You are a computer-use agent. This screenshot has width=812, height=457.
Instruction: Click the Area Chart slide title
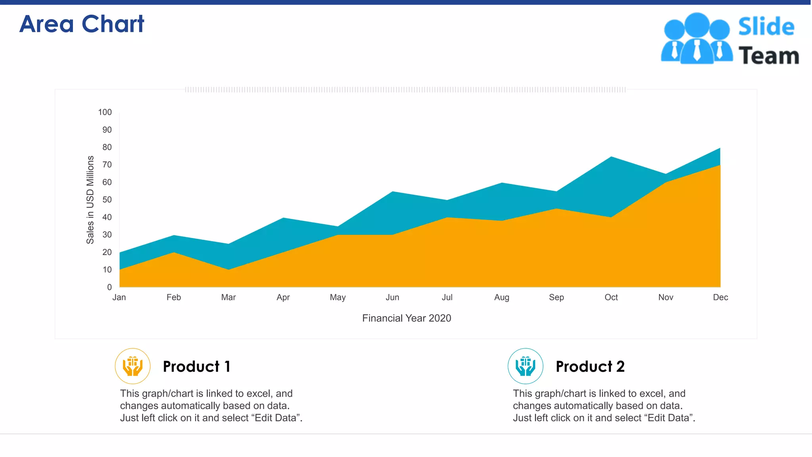pyautogui.click(x=82, y=24)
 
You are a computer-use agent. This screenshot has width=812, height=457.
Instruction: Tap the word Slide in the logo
pyautogui.click(x=766, y=27)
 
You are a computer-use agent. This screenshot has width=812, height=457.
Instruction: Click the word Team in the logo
pyautogui.click(x=768, y=56)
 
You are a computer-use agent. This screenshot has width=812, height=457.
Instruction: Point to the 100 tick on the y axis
pyautogui.click(x=105, y=112)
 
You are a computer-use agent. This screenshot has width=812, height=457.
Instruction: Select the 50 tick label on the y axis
pyautogui.click(x=107, y=200)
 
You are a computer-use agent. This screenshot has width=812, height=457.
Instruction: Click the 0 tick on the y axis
pyautogui.click(x=109, y=287)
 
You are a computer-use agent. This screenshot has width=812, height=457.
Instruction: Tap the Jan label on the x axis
pyautogui.click(x=119, y=298)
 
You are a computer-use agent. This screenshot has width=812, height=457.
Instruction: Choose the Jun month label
pyautogui.click(x=393, y=298)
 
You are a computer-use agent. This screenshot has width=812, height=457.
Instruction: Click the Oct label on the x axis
pyautogui.click(x=611, y=298)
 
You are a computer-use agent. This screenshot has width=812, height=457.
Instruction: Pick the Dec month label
pyautogui.click(x=720, y=298)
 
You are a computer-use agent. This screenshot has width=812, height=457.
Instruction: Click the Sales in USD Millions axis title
pyautogui.click(x=90, y=200)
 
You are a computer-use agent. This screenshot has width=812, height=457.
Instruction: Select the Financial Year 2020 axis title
pyautogui.click(x=406, y=318)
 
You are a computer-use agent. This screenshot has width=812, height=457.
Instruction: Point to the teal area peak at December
pyautogui.click(x=719, y=150)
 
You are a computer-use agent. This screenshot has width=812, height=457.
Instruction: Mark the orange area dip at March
pyautogui.click(x=229, y=271)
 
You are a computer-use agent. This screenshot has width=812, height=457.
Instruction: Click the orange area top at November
pyautogui.click(x=666, y=183)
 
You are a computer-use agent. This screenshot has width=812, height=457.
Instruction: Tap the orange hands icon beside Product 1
pyautogui.click(x=133, y=366)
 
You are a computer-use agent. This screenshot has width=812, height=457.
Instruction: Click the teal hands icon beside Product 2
pyautogui.click(x=525, y=366)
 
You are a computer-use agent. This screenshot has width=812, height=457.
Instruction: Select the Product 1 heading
pyautogui.click(x=197, y=367)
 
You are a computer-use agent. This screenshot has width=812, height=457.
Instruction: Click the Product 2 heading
pyautogui.click(x=590, y=367)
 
